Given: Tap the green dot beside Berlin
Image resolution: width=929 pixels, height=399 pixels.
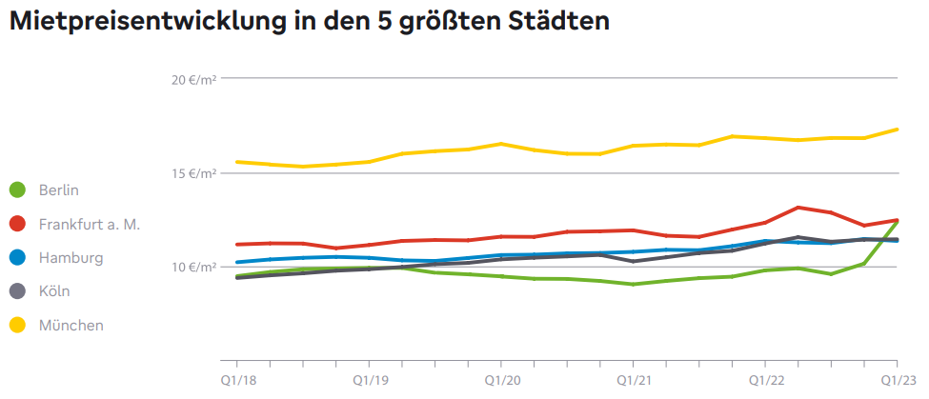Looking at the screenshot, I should pos(16,190).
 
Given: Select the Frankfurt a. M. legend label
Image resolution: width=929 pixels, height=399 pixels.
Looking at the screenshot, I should pos(89,224).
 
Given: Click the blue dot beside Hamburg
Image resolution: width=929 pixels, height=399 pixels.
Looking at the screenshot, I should pos(16,258).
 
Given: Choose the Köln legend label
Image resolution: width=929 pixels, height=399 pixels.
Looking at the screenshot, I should pos(54,291).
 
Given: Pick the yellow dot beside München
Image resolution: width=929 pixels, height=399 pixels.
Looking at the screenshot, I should pos(16,326).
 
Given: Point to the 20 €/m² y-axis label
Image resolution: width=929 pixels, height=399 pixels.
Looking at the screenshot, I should pos(194,79).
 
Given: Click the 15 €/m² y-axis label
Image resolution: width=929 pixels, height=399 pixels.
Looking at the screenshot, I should pos(194,173).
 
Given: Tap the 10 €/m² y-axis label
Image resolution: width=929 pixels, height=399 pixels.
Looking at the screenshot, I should pos(194,267).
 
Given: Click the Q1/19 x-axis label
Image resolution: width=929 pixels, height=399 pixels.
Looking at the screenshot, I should pos(369,379).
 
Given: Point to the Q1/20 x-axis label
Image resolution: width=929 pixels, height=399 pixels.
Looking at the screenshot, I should pos(501,379).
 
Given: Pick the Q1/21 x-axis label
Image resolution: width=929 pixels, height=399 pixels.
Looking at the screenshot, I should pos(634,379).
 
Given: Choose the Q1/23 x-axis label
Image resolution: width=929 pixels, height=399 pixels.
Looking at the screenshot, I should pos(896,379).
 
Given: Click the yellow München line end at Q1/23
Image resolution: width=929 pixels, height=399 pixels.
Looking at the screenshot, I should pos(897,130).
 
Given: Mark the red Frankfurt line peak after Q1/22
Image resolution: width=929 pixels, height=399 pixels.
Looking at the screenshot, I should pos(798,208).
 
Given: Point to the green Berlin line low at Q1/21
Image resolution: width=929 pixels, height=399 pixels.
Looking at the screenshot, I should pos(634,284).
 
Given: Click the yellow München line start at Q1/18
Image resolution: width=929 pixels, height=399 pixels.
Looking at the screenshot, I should pos(236,162).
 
